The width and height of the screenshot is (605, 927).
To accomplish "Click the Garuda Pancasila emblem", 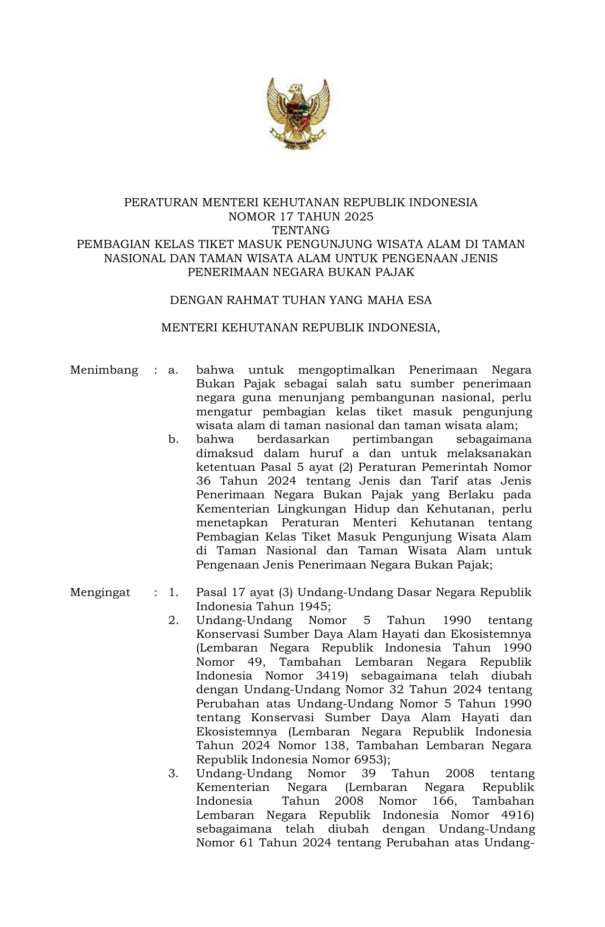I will [x=298, y=114].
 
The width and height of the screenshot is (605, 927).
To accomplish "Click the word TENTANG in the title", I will [x=301, y=230].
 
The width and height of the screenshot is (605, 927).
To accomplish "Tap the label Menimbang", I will [x=104, y=370].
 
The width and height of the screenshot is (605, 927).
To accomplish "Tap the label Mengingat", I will [x=100, y=592].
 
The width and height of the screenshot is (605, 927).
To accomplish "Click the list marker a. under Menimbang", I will [x=173, y=370].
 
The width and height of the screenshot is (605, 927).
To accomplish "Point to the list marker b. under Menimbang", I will [x=173, y=440].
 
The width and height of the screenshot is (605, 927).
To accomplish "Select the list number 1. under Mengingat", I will [x=173, y=592].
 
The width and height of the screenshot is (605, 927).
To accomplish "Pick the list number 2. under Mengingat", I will [x=173, y=620].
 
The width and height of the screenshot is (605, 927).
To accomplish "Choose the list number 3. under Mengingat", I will [x=173, y=773].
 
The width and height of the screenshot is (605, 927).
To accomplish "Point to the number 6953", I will [x=369, y=759].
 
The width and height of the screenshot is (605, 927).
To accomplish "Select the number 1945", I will [x=312, y=606].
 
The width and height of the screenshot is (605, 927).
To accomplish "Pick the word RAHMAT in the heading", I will [x=248, y=300].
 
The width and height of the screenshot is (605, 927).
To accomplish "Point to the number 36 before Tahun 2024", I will [x=203, y=481].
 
